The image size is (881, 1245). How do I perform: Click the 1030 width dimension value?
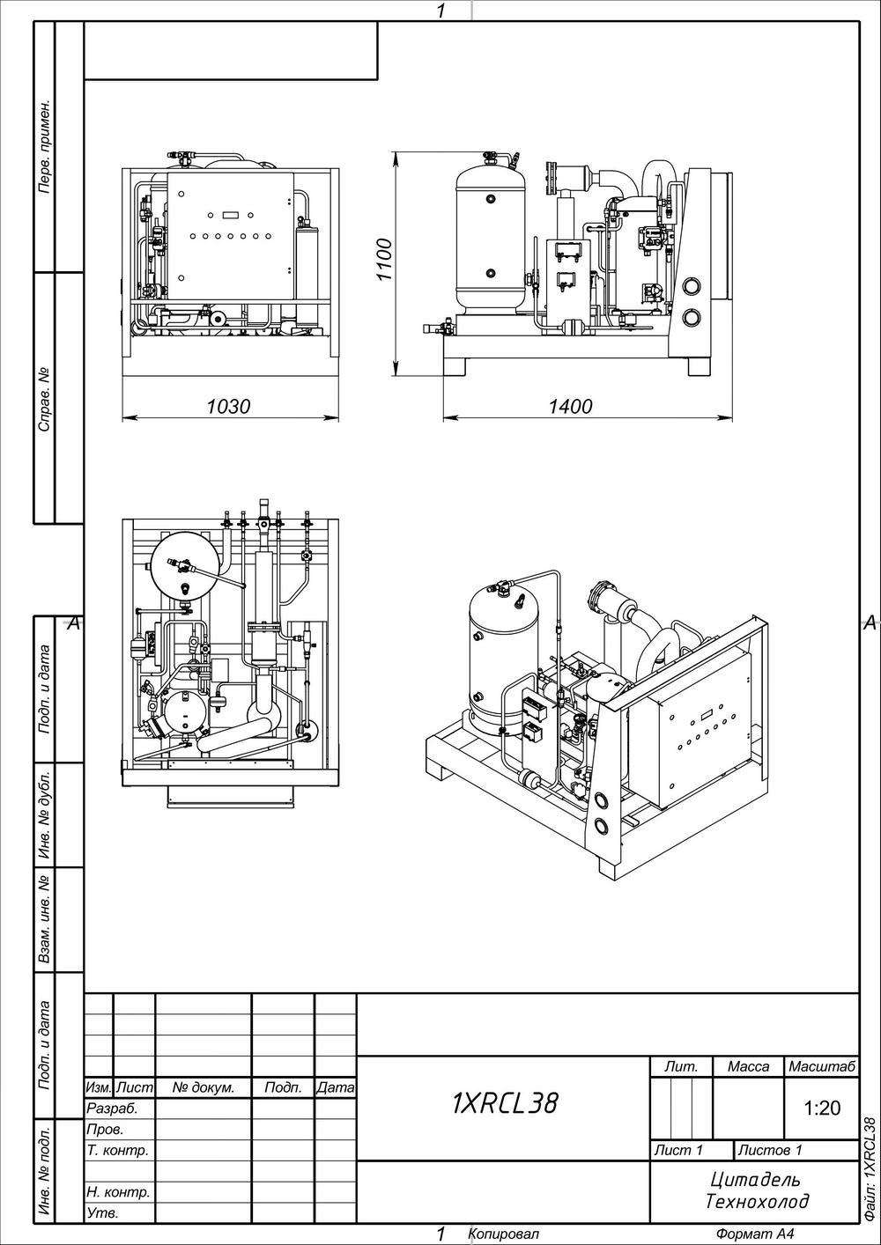(x=228, y=406)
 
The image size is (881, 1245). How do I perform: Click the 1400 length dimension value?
(x=570, y=406)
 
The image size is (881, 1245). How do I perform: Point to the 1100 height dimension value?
(x=384, y=260)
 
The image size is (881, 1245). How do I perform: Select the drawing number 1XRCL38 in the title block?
(x=504, y=1103)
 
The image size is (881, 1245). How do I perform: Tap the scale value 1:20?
(x=822, y=1109)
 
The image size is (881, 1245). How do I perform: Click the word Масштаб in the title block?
(x=821, y=1066)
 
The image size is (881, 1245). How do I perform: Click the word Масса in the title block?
(x=748, y=1066)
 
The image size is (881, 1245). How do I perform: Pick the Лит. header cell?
(x=681, y=1066)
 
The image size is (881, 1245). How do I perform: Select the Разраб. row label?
(x=112, y=1109)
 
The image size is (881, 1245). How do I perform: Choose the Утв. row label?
(x=102, y=1213)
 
